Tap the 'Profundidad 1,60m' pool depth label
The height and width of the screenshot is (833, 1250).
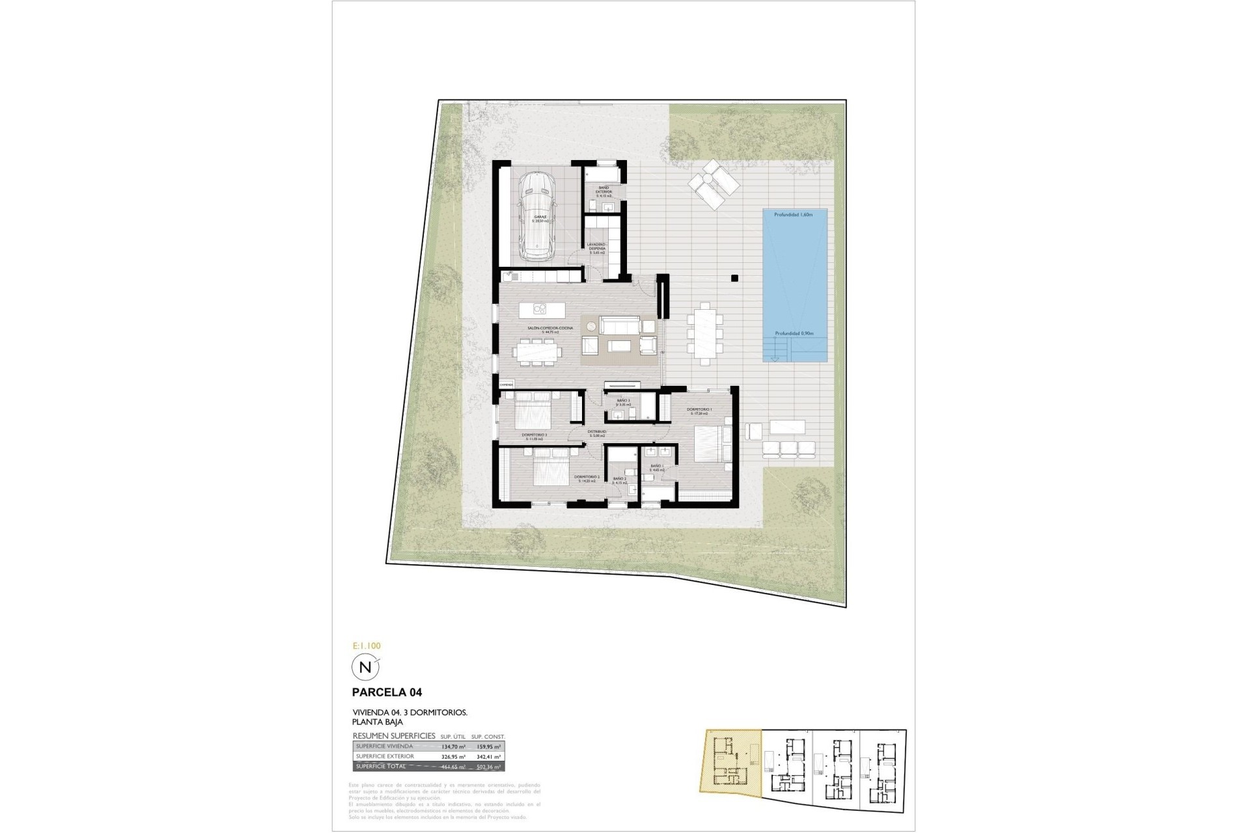click(x=793, y=214)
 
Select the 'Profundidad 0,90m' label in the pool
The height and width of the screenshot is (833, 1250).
click(x=794, y=333)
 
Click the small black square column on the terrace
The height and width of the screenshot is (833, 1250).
click(x=734, y=279)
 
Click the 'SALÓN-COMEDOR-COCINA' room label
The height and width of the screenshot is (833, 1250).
click(x=549, y=329)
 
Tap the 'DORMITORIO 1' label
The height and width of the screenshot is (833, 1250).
click(x=699, y=410)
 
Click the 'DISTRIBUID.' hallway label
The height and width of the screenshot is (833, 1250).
click(x=597, y=431)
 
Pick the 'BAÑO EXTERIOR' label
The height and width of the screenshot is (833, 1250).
click(x=604, y=189)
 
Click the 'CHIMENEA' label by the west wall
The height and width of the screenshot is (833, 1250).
click(x=507, y=385)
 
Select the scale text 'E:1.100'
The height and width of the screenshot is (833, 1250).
click(x=366, y=646)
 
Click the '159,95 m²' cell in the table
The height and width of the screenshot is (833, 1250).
click(x=490, y=746)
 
